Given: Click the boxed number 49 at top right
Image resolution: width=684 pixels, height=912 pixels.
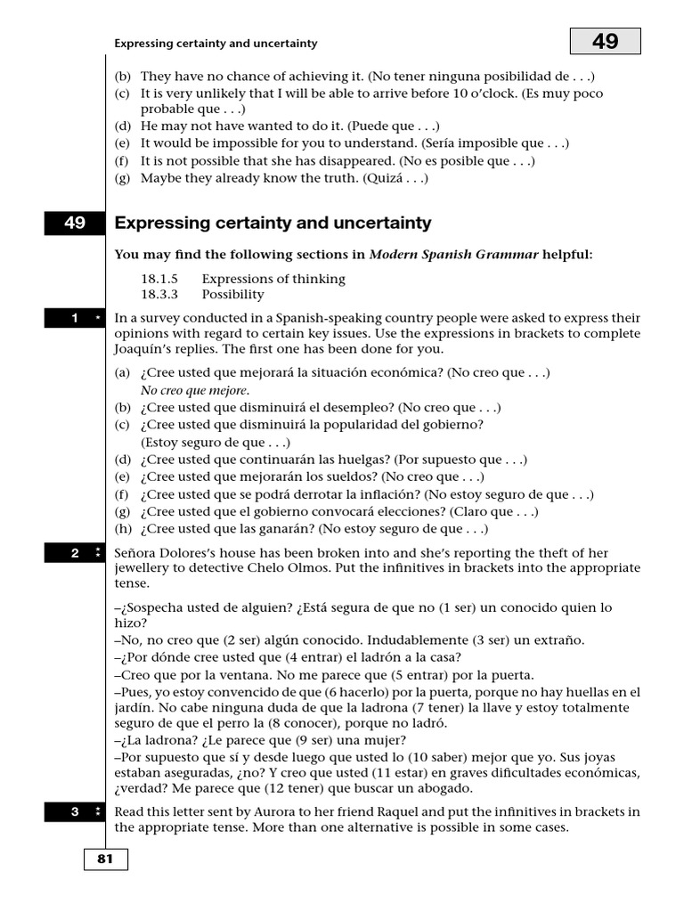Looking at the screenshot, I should click(605, 40).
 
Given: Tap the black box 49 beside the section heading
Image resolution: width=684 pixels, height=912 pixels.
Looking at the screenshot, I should click(75, 224).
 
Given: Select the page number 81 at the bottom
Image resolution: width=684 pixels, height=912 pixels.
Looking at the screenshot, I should click(106, 859).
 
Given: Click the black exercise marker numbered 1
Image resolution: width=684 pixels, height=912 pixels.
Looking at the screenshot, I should click(75, 318).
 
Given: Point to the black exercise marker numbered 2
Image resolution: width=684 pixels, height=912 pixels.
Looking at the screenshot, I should click(75, 553).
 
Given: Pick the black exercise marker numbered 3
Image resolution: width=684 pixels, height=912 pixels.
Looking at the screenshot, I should click(75, 811).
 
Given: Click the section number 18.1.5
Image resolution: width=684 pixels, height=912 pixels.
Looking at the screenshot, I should click(159, 279).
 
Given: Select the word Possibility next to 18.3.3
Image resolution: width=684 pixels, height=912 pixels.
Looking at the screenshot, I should click(232, 294).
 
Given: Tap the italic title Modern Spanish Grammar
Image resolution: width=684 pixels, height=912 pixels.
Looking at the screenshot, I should click(453, 255).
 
